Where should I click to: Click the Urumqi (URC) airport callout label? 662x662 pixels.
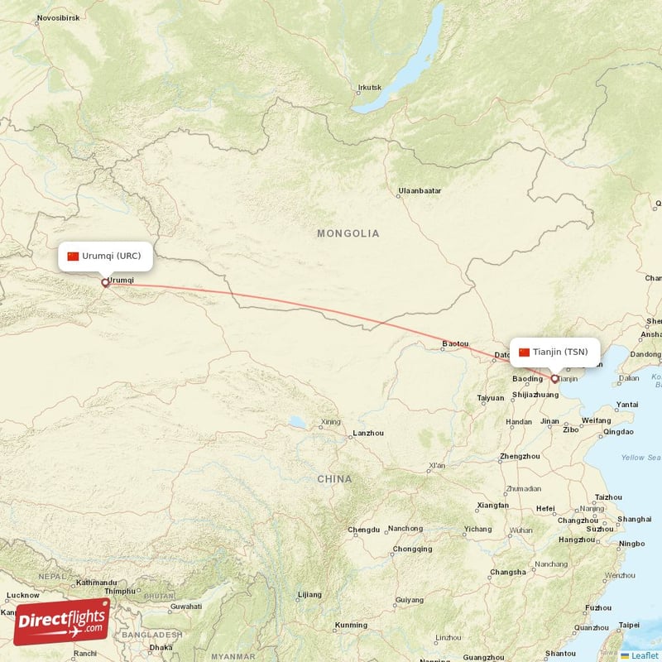pyautogui.click(x=105, y=257)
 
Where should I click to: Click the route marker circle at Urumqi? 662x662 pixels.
pyautogui.click(x=105, y=283)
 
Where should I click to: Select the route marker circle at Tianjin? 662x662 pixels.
pyautogui.click(x=554, y=379)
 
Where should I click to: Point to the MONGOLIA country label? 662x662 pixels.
pyautogui.click(x=348, y=234)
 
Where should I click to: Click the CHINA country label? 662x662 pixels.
pyautogui.click(x=333, y=479)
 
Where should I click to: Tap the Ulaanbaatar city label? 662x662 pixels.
pyautogui.click(x=420, y=191)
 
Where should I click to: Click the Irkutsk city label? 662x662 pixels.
pyautogui.click(x=369, y=88)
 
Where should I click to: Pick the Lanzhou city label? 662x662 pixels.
pyautogui.click(x=368, y=433)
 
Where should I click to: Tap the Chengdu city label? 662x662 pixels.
pyautogui.click(x=364, y=530)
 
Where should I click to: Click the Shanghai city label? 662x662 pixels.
pyautogui.click(x=634, y=519)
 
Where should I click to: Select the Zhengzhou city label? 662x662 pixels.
pyautogui.click(x=520, y=457)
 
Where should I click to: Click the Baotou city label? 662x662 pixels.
pyautogui.click(x=455, y=343)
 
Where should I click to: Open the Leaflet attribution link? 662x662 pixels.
pyautogui.click(x=645, y=655)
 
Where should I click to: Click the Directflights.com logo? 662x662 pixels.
pyautogui.click(x=62, y=622)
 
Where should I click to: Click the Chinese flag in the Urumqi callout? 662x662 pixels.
pyautogui.click(x=73, y=257)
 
